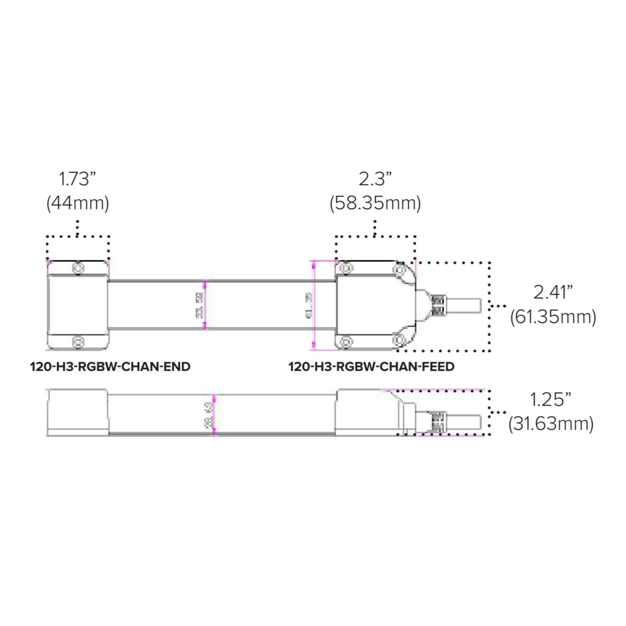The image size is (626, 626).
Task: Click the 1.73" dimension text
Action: click(77, 179)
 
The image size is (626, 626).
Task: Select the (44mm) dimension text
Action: click(78, 203)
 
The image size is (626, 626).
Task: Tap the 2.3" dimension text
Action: click(375, 179)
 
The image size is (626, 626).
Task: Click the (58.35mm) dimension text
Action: click(375, 203)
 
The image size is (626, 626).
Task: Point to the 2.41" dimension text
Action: click(553, 292)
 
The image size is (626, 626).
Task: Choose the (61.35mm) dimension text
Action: click(553, 316)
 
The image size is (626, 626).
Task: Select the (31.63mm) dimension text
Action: click(551, 423)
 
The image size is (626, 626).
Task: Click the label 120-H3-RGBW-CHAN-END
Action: click(110, 367)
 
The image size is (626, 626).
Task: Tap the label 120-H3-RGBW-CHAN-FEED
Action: click(371, 367)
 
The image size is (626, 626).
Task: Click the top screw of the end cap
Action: click(78, 268)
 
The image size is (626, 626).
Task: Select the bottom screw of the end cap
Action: click(78, 342)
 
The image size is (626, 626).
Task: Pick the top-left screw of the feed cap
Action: click(346, 269)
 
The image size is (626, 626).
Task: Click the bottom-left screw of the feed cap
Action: click(346, 341)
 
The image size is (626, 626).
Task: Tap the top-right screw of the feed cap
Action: click(399, 269)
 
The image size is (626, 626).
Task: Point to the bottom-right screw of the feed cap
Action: click(399, 340)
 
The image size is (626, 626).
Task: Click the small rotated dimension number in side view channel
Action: click(210, 415)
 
